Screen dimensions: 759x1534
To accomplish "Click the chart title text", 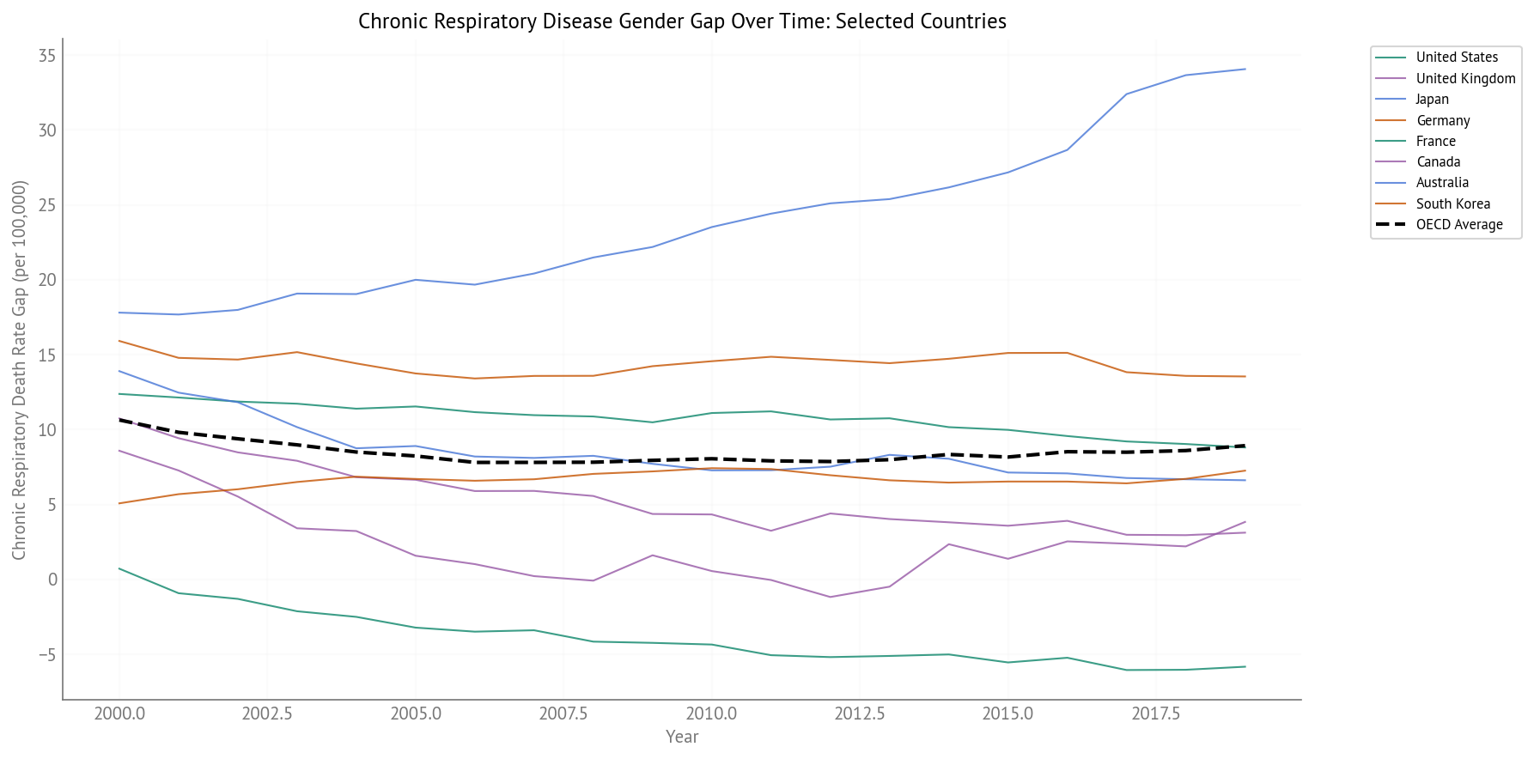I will coord(682,21).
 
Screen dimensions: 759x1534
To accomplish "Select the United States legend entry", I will coord(1457,58).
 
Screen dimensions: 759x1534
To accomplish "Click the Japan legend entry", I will coord(1432,100).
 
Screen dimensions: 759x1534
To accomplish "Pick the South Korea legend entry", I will coord(1452,204).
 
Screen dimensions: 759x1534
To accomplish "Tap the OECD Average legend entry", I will coord(1458,225).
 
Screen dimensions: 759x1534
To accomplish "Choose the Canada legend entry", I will coord(1438,162).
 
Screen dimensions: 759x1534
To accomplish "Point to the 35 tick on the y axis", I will coord(47,57).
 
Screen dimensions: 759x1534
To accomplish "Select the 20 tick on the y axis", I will coord(47,281).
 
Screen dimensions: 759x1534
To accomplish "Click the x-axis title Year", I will coord(682,738).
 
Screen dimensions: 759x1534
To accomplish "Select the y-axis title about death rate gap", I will coord(20,369).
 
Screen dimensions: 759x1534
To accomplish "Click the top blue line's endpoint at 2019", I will coord(1245,70).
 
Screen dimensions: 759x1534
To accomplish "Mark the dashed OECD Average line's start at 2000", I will coord(119,420).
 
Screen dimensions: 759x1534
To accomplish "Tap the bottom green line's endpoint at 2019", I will coord(1245,667).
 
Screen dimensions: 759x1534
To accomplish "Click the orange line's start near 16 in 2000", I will coord(119,341).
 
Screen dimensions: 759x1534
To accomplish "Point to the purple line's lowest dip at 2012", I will coord(831,598).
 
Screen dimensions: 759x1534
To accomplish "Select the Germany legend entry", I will coord(1443,121).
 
